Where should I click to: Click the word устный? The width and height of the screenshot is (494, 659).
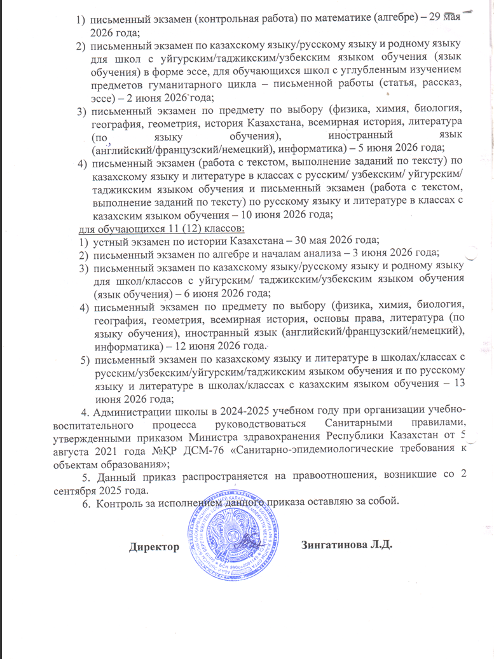(109, 240)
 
